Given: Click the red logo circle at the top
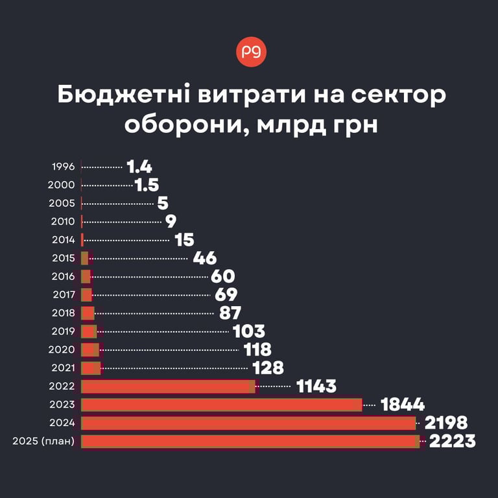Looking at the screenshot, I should [x=251, y=54].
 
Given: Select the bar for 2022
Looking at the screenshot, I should [x=167, y=386].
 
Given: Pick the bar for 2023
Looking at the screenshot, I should [x=221, y=405].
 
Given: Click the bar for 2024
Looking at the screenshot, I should [x=248, y=423].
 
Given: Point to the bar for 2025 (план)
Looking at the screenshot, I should [x=250, y=442].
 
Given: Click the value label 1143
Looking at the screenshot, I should [x=316, y=386].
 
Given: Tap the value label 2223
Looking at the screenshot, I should [x=452, y=442].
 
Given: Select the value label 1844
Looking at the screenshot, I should [x=403, y=405].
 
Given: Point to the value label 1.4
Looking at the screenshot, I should [x=139, y=167].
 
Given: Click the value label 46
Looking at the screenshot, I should [x=204, y=258].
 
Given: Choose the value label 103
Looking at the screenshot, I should [x=249, y=331].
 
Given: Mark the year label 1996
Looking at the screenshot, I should [x=63, y=167].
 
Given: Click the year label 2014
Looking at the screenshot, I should [x=63, y=240].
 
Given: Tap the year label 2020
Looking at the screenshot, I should [x=62, y=350].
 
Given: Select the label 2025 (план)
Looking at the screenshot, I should [x=43, y=442].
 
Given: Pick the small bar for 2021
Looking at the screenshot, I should [x=91, y=368].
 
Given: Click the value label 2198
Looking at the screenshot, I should [x=445, y=423].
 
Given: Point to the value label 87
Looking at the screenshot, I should [x=230, y=313].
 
